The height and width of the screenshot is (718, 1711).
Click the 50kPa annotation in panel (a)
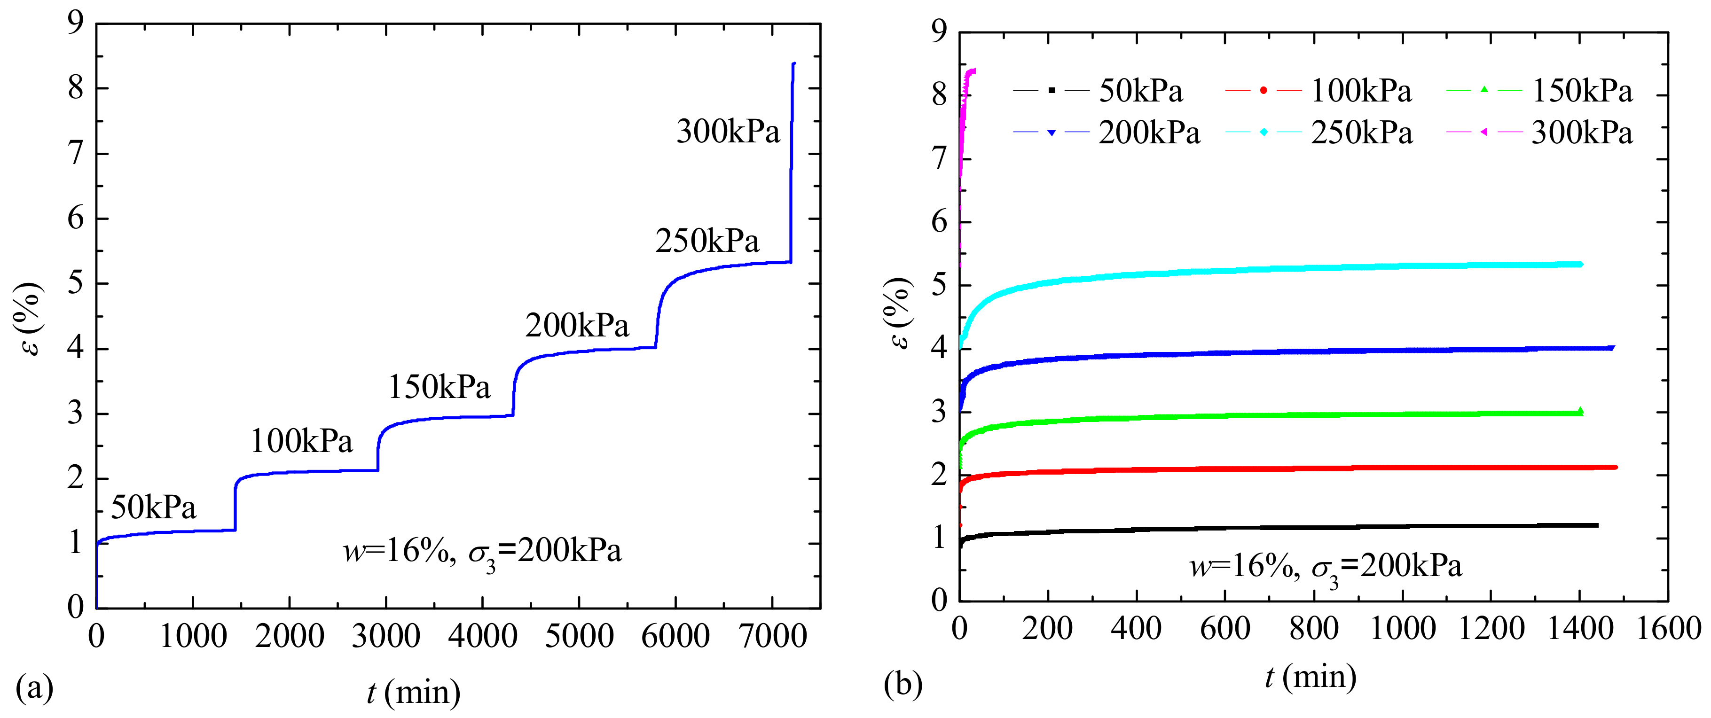(x=153, y=508)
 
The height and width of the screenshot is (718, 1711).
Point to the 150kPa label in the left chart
(x=439, y=387)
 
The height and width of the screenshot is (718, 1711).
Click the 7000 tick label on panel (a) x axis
(x=772, y=636)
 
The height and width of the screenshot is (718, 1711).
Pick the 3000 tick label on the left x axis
(x=385, y=636)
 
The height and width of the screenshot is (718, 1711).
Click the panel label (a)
(x=34, y=687)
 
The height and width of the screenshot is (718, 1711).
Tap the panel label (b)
(x=903, y=683)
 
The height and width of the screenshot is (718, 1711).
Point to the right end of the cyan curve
(x=1580, y=265)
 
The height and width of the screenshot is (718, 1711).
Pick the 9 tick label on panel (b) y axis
(x=939, y=31)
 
